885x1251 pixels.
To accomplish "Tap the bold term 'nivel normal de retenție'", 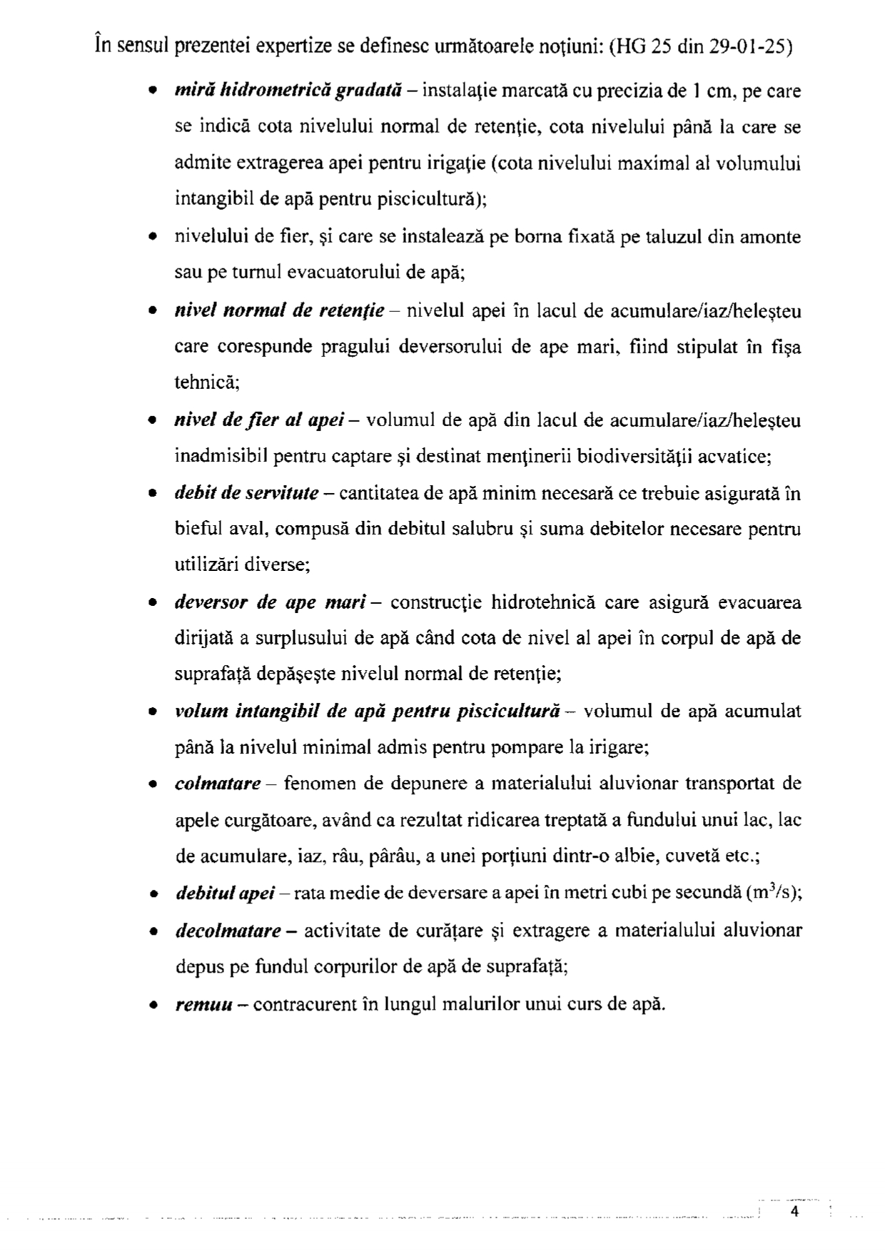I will click(280, 311).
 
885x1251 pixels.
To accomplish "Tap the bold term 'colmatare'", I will click(218, 784).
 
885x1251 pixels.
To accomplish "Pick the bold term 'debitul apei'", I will click(225, 894).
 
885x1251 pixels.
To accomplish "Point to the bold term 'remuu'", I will click(204, 1005).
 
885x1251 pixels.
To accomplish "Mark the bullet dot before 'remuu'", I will click(152, 1006).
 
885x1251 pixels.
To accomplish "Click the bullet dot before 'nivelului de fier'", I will click(152, 237).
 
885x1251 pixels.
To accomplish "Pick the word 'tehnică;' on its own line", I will click(207, 383).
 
